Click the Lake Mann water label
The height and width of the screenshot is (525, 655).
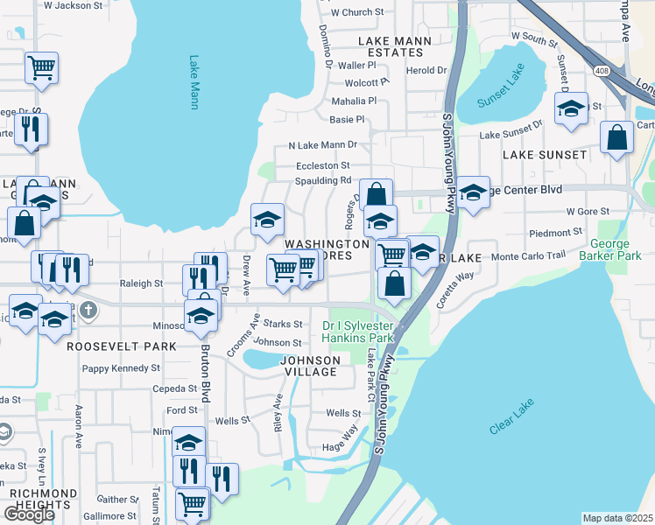click(x=194, y=83)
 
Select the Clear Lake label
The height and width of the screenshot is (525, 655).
click(x=512, y=416)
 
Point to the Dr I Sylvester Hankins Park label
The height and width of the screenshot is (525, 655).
click(x=358, y=331)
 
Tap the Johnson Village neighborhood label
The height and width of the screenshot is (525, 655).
click(x=309, y=366)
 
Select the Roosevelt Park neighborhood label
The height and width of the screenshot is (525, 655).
click(x=122, y=346)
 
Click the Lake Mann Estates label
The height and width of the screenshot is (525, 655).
click(x=391, y=46)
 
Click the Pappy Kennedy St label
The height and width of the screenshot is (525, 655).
click(x=122, y=368)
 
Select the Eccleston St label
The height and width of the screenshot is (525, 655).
click(x=322, y=165)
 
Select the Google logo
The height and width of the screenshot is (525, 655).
click(x=29, y=514)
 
